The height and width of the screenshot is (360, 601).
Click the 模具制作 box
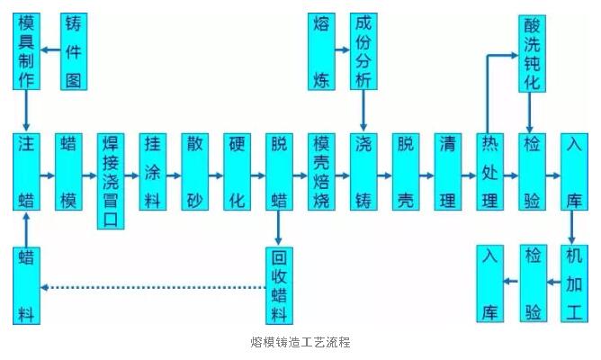click(x=27, y=50)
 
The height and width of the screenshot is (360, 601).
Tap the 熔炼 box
click(x=321, y=50)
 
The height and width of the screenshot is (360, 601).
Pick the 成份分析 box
click(x=363, y=50)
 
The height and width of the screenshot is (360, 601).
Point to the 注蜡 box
click(x=27, y=172)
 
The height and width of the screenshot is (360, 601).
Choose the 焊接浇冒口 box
click(x=111, y=172)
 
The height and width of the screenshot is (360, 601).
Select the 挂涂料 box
click(x=153, y=172)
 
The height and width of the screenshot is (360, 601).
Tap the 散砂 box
click(x=195, y=172)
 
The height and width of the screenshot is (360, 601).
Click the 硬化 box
click(x=238, y=172)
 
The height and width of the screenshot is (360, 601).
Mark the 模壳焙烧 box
click(x=321, y=172)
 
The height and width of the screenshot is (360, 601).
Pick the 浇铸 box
click(x=363, y=172)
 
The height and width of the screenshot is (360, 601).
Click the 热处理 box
click(x=490, y=172)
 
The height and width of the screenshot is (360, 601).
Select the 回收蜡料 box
click(x=280, y=284)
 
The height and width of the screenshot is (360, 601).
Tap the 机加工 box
click(x=575, y=284)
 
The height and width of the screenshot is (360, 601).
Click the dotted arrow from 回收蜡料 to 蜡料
click(x=153, y=288)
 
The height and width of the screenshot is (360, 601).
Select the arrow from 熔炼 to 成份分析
click(x=343, y=50)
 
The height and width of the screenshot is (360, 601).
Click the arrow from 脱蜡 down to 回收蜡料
click(x=280, y=228)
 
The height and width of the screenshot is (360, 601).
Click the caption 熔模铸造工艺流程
click(x=300, y=343)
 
